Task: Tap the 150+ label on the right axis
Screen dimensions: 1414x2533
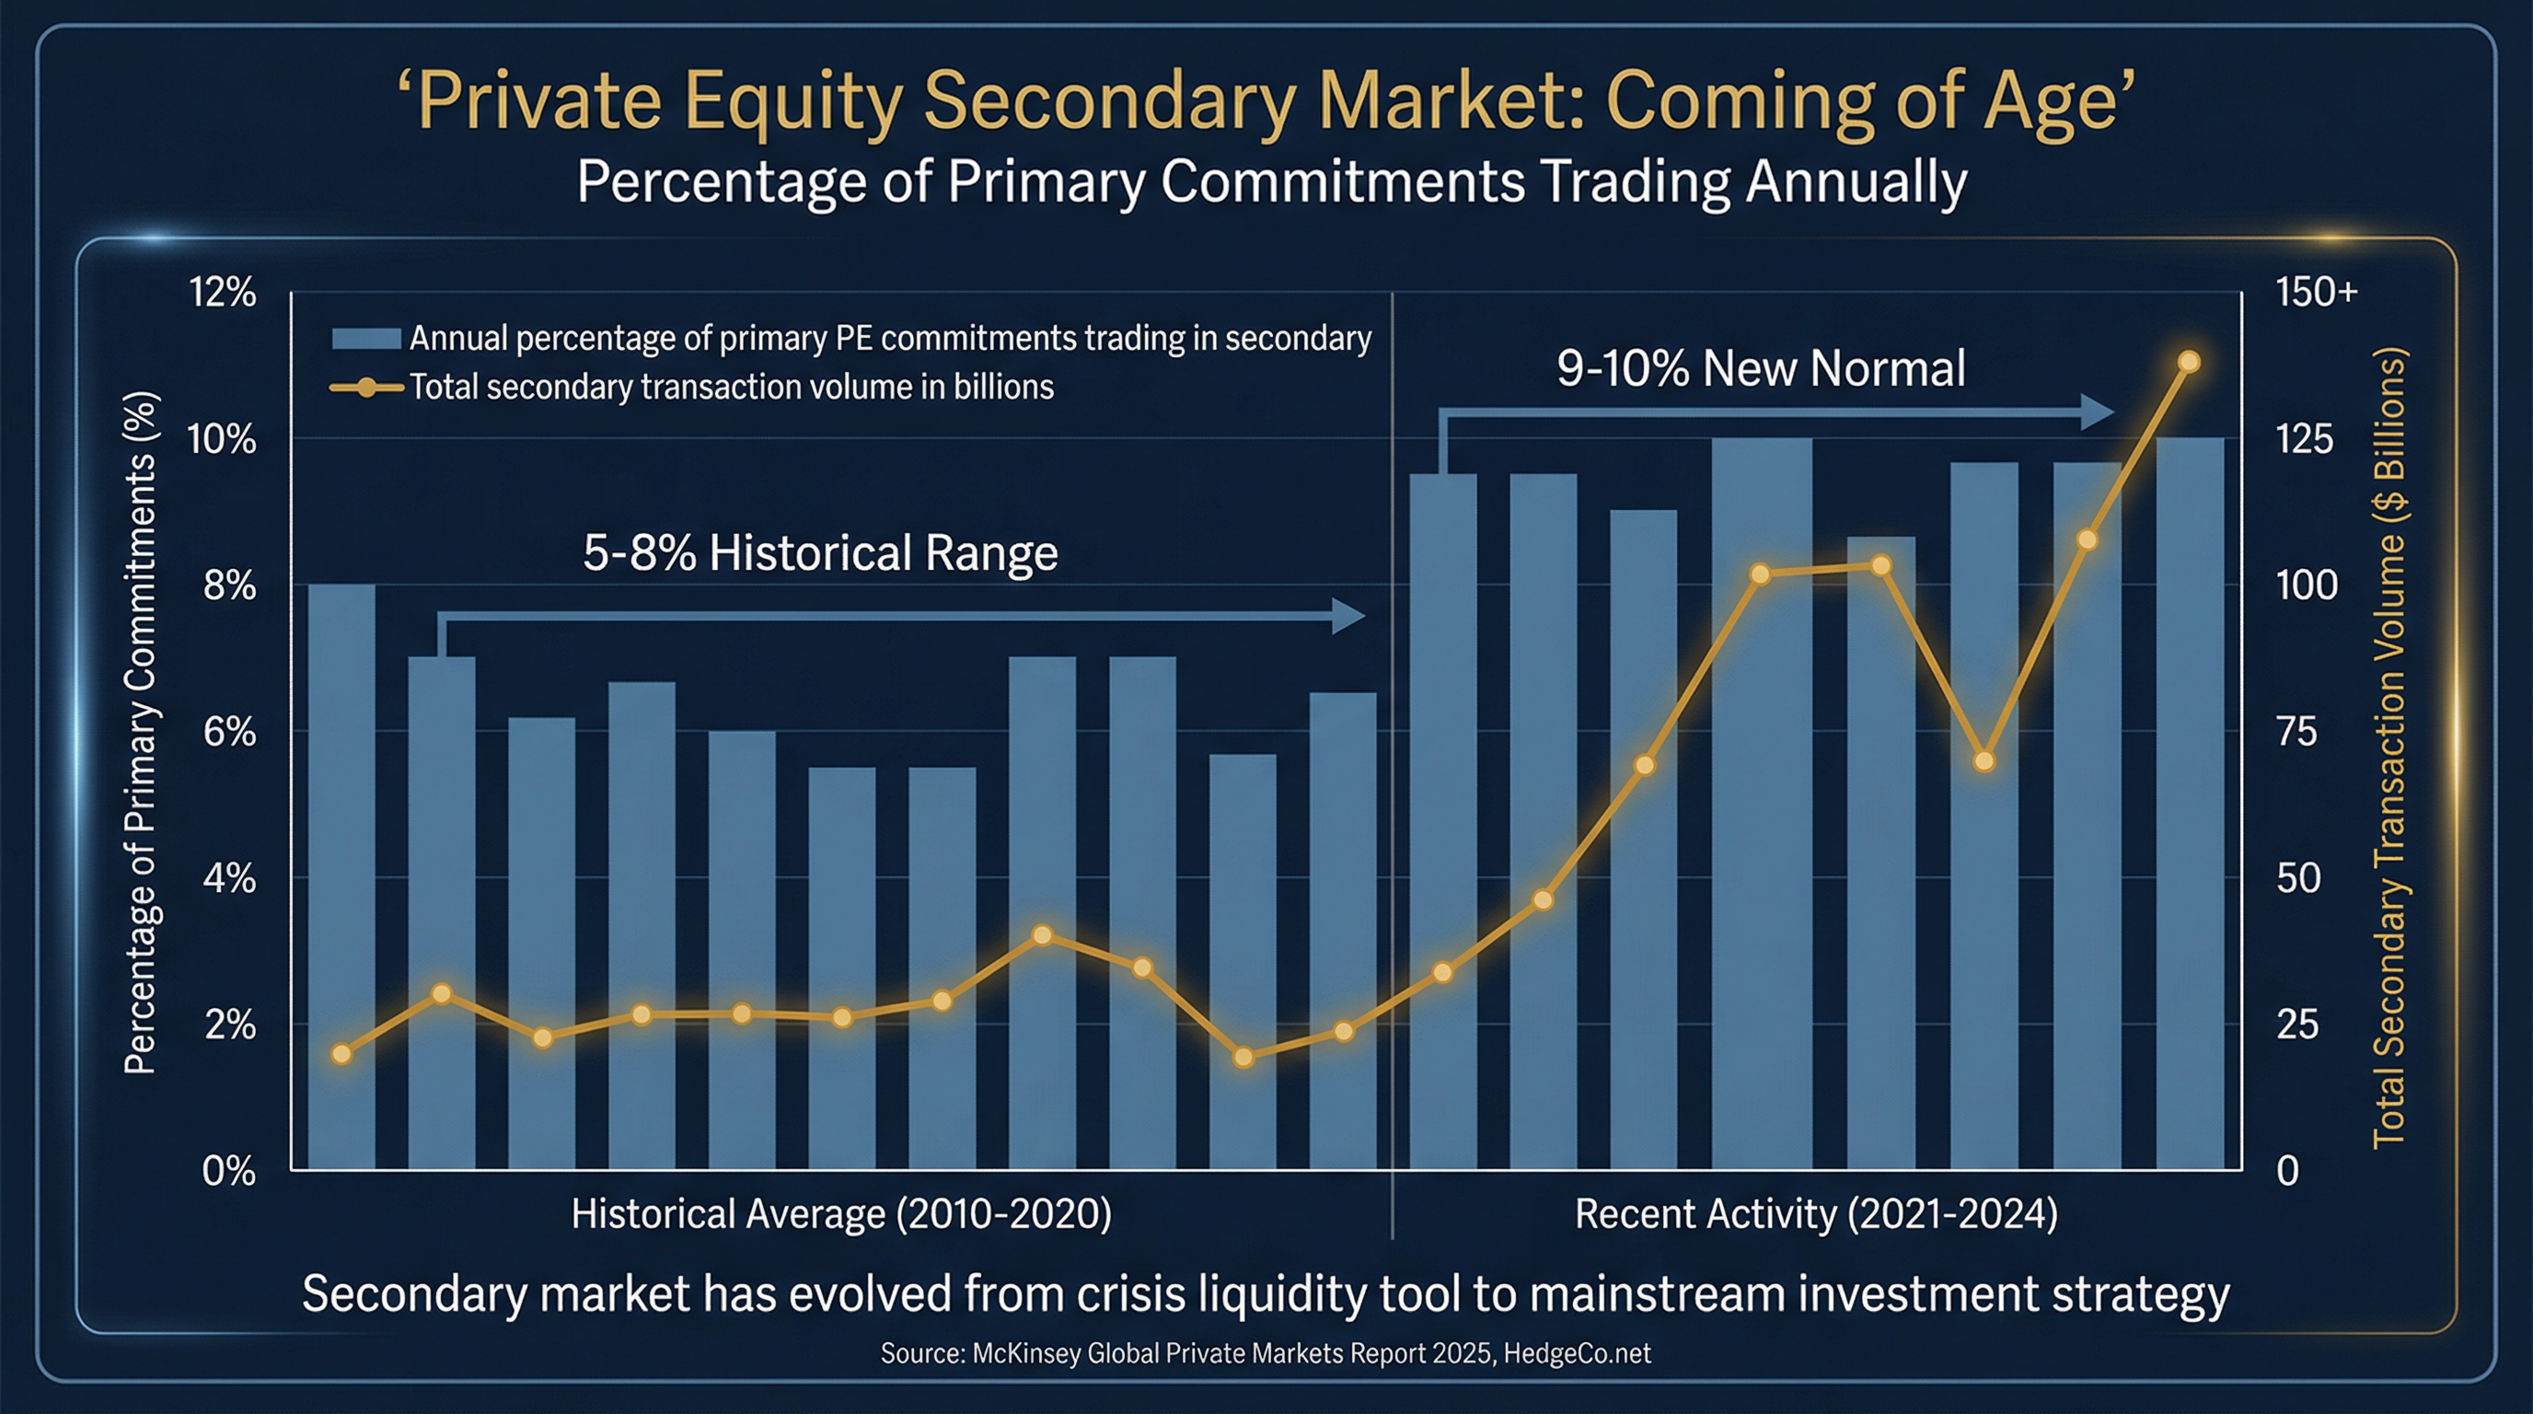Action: pos(2316,292)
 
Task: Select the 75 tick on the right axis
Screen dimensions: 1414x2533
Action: pos(2297,732)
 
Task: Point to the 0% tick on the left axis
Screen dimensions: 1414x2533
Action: pos(228,1171)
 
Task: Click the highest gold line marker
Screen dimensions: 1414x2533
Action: pos(2189,362)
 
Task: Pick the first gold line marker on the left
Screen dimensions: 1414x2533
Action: pos(341,1054)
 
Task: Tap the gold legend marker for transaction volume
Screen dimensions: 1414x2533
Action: pos(365,388)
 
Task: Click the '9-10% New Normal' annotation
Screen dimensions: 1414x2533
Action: pos(1760,369)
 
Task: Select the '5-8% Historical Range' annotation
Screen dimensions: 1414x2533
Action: pos(820,552)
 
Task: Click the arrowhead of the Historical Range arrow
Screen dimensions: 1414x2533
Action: pos(1349,617)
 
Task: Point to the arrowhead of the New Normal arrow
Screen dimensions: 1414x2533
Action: pos(2099,412)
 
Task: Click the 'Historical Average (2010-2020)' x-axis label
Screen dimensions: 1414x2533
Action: pos(840,1214)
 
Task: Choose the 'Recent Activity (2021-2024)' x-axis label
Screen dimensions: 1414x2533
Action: pos(1816,1214)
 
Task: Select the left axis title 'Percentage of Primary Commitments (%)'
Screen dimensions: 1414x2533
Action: pos(140,733)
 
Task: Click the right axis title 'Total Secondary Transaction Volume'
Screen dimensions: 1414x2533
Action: pos(2389,748)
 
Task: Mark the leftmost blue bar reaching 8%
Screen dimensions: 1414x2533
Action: pos(341,875)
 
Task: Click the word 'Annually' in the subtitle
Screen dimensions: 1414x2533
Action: pos(1856,182)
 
